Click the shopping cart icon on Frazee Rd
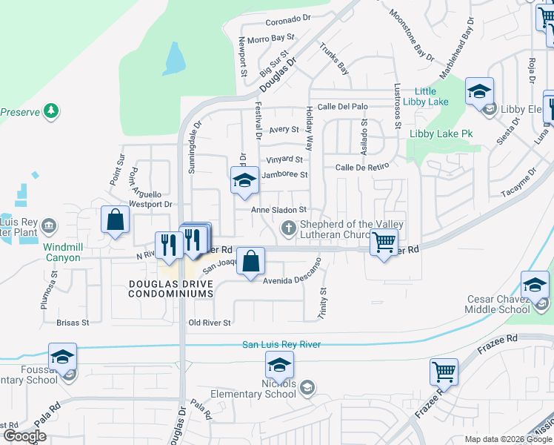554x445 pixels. [444, 372]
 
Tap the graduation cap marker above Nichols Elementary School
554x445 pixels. [279, 365]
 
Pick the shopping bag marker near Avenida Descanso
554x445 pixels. [251, 262]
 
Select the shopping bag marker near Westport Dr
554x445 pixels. [115, 220]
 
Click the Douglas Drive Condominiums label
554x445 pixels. [171, 289]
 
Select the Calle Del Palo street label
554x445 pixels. [342, 107]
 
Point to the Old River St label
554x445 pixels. [210, 323]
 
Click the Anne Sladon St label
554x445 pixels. [278, 211]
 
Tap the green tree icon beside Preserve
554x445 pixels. [51, 112]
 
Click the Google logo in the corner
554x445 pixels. [24, 436]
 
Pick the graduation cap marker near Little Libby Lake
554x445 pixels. [479, 92]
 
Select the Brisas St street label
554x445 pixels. [73, 323]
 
